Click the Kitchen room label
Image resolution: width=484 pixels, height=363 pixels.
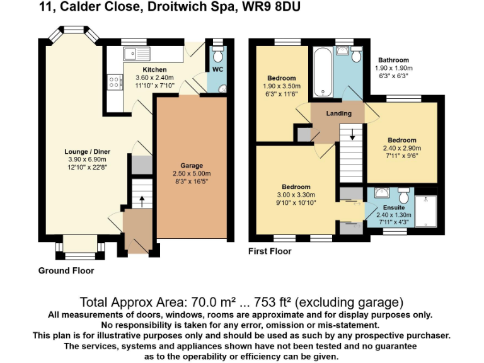point(154,70)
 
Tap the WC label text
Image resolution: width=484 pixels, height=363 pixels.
point(217,69)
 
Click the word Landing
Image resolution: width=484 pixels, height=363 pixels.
point(338,114)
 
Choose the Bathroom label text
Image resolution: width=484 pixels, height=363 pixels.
point(393,60)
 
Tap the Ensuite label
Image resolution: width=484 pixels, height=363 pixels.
point(394,207)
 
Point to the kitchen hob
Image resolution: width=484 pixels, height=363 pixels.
point(115,81)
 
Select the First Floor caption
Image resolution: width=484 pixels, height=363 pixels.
point(270,251)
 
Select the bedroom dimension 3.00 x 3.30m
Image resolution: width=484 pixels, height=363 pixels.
point(296,195)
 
